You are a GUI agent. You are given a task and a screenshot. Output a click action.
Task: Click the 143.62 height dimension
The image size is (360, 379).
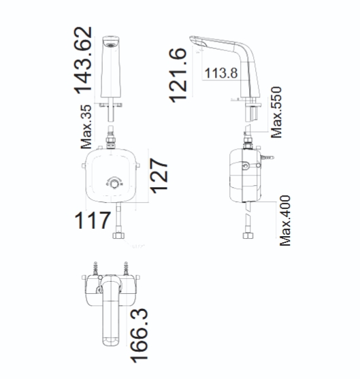tap(83, 61)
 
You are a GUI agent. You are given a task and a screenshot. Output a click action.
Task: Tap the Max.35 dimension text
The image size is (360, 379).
tap(86, 127)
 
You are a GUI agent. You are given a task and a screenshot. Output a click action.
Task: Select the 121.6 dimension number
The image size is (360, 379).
tap(178, 76)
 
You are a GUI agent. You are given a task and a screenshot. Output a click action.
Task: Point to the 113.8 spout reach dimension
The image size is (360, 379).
tap(221, 73)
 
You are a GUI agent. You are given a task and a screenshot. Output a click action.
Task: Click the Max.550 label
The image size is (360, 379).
tap(276, 112)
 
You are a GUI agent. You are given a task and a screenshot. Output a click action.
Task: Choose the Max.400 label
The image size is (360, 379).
tap(285, 220)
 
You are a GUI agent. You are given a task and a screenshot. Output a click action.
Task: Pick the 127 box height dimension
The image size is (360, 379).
tap(159, 176)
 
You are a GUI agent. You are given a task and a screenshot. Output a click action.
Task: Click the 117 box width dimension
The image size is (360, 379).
tap(93, 220)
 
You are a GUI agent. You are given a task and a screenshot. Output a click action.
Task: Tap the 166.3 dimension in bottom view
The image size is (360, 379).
tap(139, 335)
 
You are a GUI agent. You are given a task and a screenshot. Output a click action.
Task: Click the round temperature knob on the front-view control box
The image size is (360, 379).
tap(114, 184)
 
